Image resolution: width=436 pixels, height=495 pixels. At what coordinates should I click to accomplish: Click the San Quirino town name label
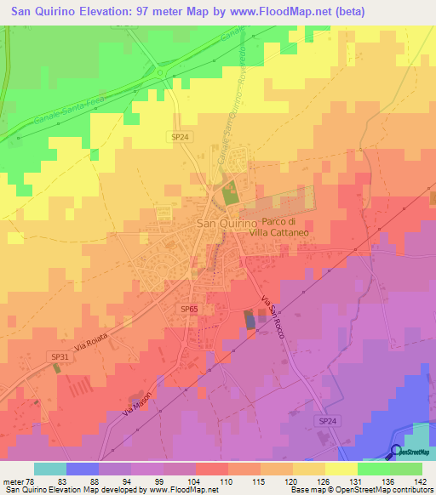(227, 223)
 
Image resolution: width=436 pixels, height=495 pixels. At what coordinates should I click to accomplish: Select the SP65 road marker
(190, 309)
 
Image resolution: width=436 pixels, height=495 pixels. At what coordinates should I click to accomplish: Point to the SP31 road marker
(59, 357)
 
